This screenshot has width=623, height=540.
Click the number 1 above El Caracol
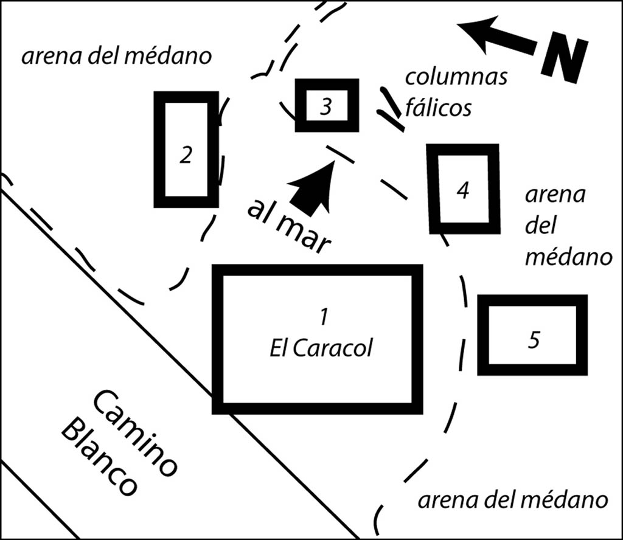(324, 316)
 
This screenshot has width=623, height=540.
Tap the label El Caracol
(321, 348)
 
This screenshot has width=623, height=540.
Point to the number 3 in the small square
(326, 106)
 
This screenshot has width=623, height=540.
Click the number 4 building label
(463, 190)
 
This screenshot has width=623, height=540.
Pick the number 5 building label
(534, 339)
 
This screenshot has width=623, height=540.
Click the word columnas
(456, 77)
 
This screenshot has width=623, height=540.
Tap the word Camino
(134, 432)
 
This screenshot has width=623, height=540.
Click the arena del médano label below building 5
(512, 499)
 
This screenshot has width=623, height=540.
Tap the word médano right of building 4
(568, 257)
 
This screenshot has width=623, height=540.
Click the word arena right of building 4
(555, 195)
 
